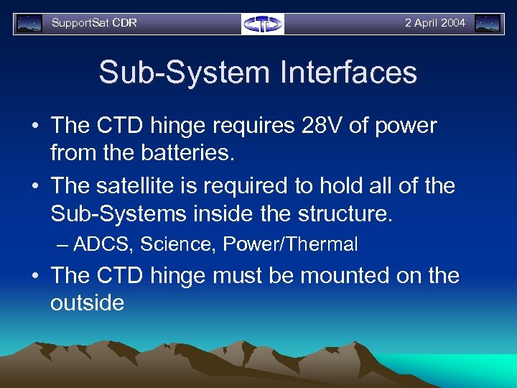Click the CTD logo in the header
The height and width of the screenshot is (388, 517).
[263, 24]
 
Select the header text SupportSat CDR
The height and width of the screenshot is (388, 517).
[94, 23]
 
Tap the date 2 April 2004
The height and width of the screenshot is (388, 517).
[434, 23]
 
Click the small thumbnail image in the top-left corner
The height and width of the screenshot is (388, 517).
[29, 24]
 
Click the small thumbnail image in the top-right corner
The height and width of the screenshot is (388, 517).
[488, 24]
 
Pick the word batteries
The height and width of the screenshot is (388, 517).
[195, 153]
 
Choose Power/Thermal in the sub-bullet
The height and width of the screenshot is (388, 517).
[290, 245]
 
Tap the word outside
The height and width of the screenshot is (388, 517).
[87, 302]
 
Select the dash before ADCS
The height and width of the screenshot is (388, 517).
[62, 245]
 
